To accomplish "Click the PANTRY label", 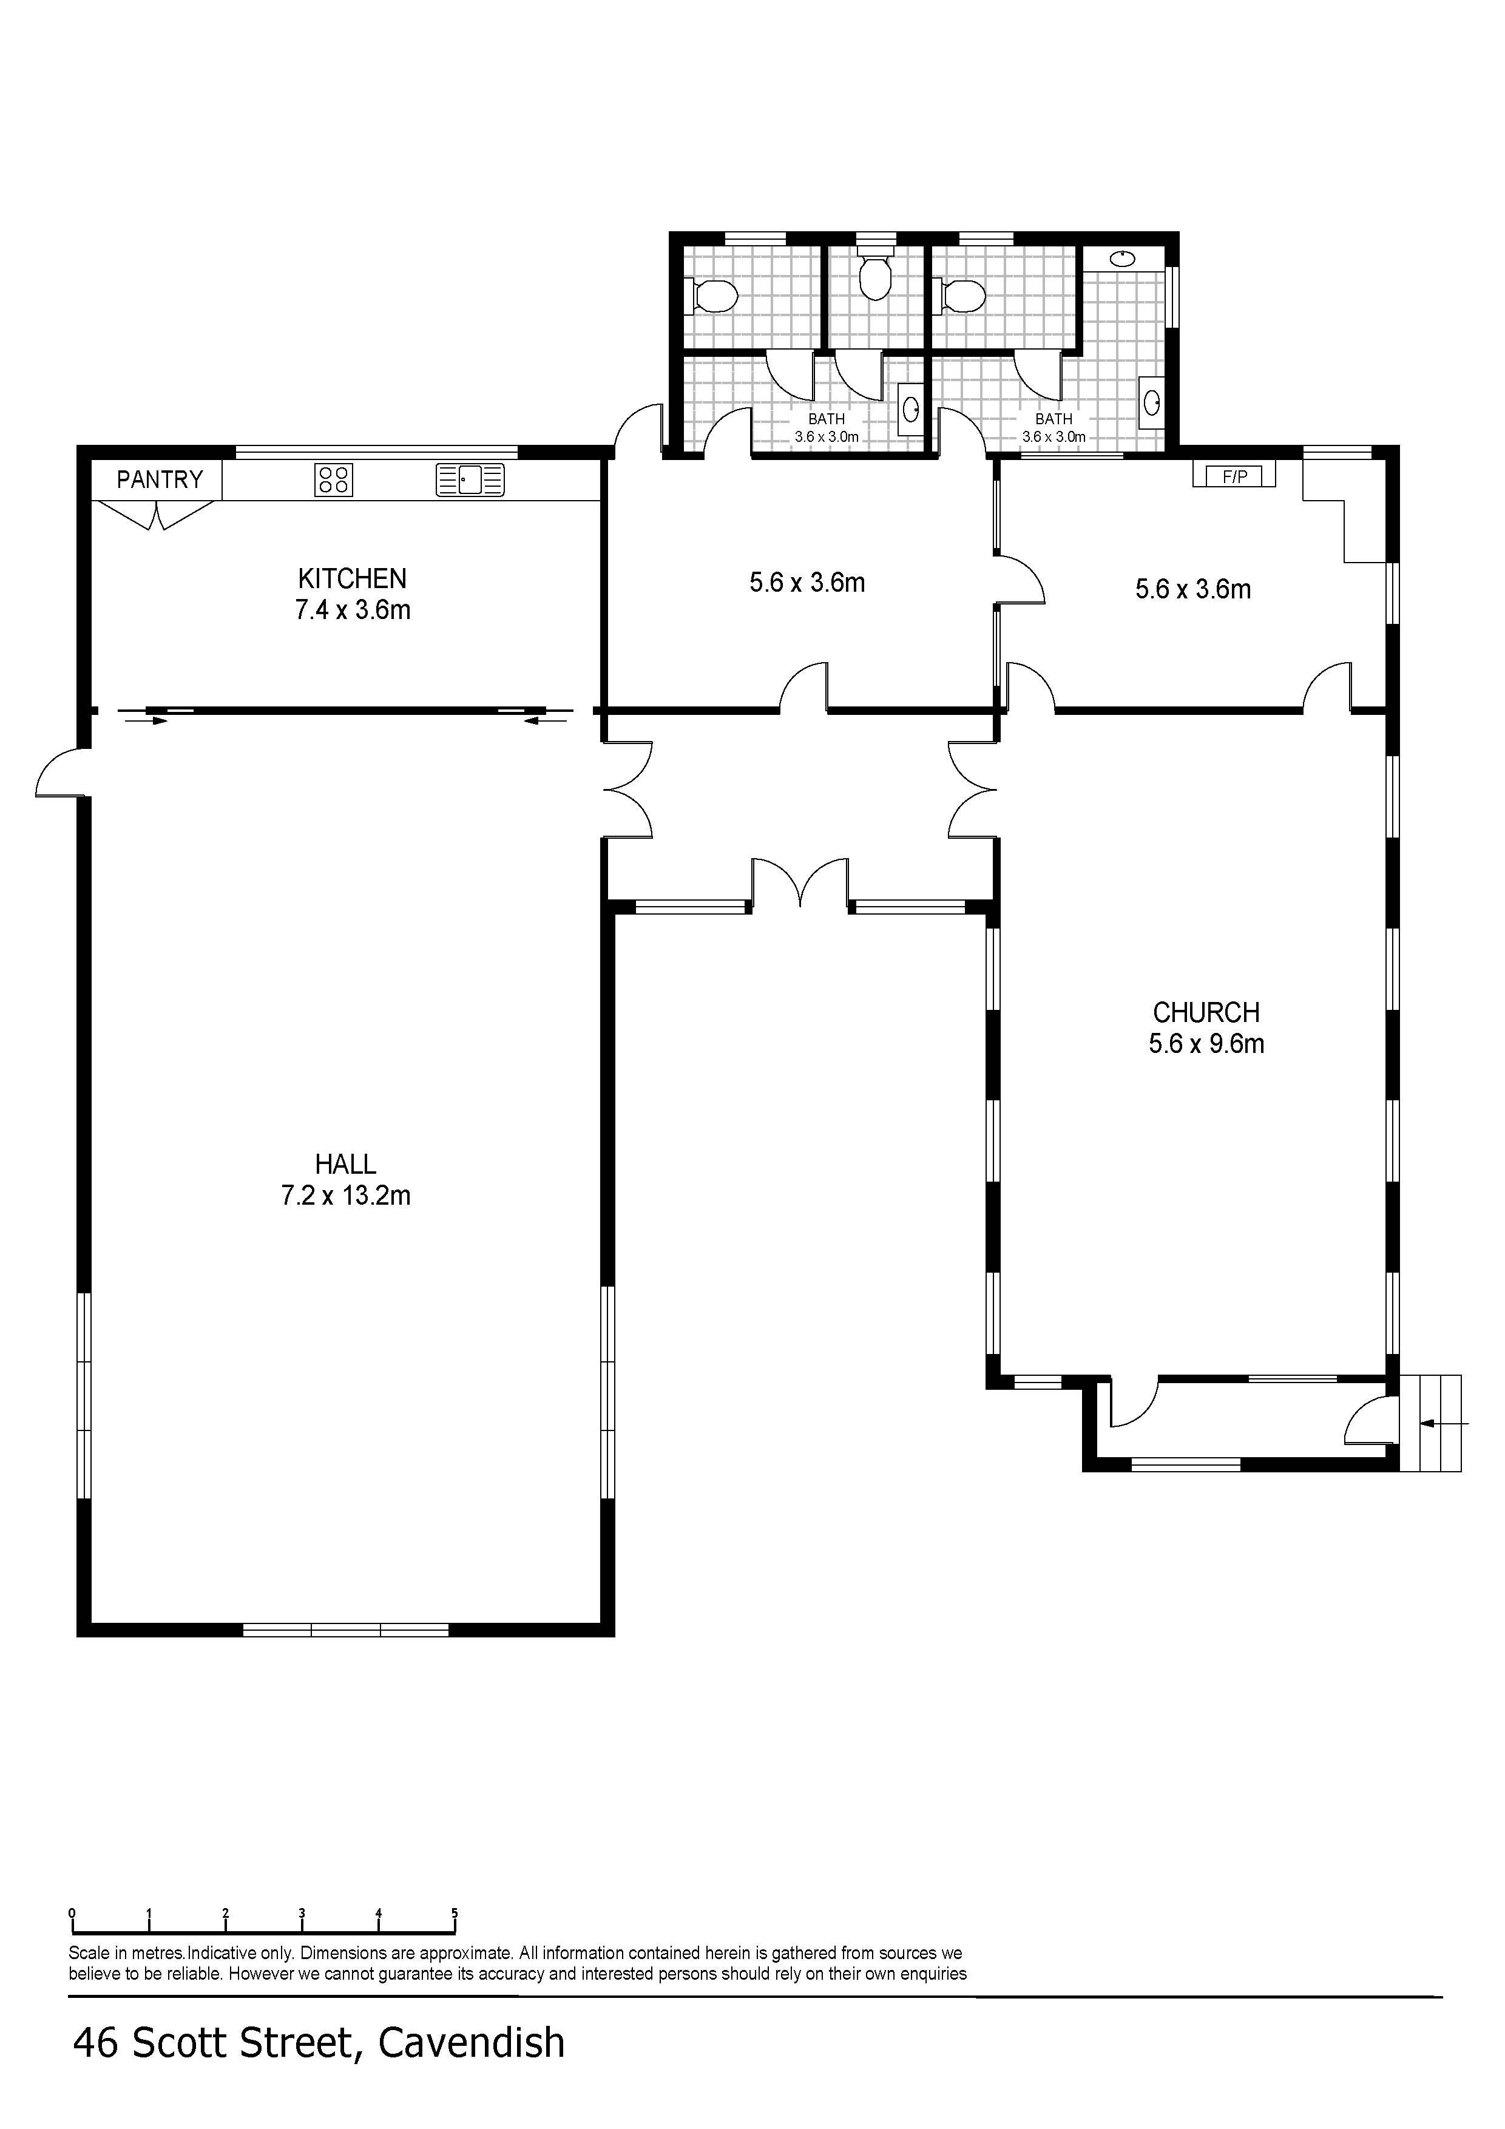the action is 160,479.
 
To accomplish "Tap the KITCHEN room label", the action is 353,578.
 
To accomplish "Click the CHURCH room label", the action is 1206,1012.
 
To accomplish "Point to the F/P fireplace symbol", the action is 1234,476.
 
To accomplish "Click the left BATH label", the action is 826,419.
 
